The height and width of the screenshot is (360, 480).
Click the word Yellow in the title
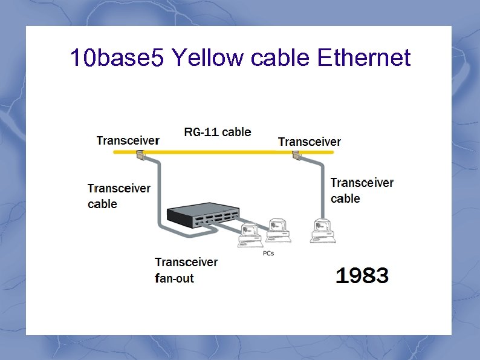[x=203, y=58]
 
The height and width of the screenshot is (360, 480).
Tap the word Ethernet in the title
[x=363, y=58]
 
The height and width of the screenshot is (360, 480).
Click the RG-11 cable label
[x=218, y=132]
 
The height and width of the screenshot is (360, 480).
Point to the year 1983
[x=362, y=277]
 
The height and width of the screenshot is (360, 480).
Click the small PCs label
[x=268, y=253]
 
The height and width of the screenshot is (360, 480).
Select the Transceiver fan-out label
[x=186, y=270]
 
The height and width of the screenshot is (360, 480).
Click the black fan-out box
[x=202, y=215]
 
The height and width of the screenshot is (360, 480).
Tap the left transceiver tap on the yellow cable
[x=140, y=156]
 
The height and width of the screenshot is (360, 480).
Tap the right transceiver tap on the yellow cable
[x=297, y=156]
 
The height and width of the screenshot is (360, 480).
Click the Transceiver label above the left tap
[x=128, y=140]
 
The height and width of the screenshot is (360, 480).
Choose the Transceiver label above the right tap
[x=310, y=142]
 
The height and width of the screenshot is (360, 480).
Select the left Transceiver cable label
[x=118, y=196]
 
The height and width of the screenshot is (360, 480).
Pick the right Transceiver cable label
[x=362, y=190]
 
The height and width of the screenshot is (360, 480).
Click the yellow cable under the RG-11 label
[x=218, y=152]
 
